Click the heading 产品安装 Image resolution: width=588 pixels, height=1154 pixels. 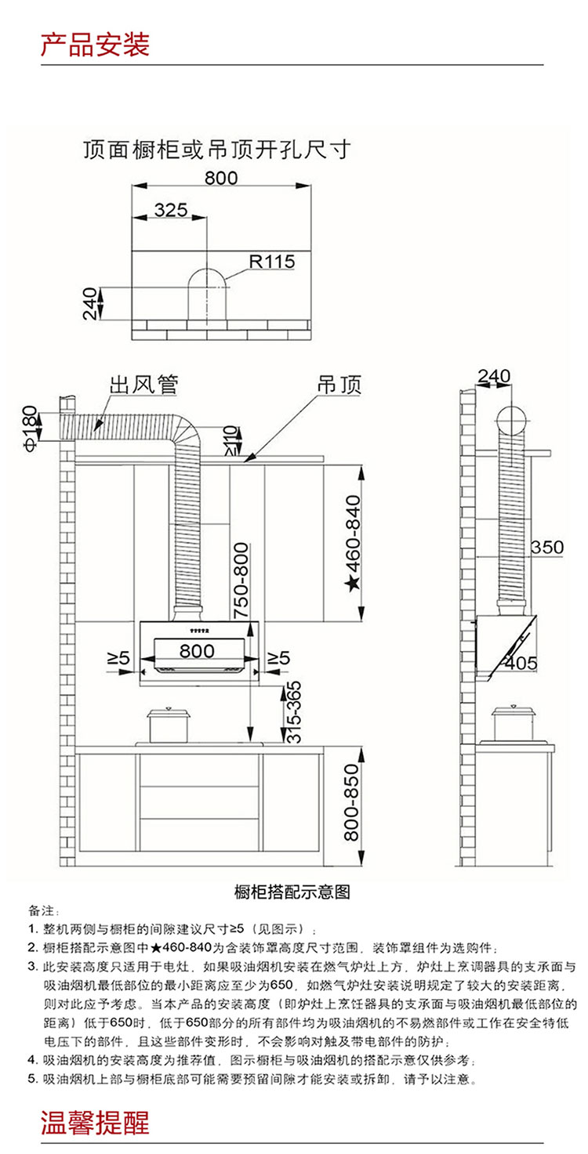[x=96, y=45]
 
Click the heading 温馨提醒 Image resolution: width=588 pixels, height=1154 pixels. [x=96, y=1123]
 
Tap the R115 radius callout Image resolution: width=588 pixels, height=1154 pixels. [x=272, y=261]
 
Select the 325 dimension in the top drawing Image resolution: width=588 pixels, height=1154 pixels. [x=171, y=210]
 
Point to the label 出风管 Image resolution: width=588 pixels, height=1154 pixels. [x=143, y=385]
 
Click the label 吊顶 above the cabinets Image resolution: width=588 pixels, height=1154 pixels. [x=339, y=385]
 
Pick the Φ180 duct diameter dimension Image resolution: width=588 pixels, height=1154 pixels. [x=31, y=429]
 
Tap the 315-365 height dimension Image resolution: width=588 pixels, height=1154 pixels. [x=292, y=712]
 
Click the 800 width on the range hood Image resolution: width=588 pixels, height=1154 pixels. [x=197, y=651]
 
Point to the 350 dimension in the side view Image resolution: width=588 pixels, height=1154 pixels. [x=547, y=547]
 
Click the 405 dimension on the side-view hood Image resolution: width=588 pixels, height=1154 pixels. [x=521, y=663]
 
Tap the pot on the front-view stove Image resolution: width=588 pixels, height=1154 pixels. [x=168, y=725]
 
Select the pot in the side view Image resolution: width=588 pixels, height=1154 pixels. [x=512, y=723]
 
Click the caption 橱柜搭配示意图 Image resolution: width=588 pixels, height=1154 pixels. [x=292, y=892]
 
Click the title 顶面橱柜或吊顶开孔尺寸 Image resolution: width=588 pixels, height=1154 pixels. [x=217, y=150]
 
